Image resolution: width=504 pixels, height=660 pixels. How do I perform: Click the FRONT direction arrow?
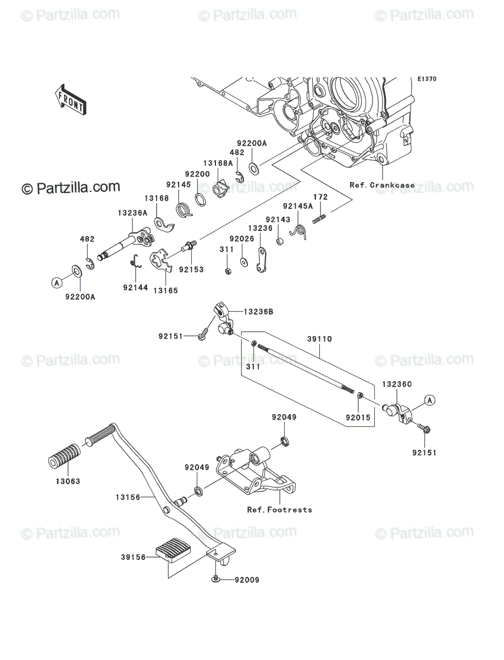tap(70, 100)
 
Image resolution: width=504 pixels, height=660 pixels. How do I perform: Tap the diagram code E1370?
tap(427, 79)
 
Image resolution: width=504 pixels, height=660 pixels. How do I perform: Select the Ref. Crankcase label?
tap(382, 185)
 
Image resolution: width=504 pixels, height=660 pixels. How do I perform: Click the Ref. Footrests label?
tap(280, 510)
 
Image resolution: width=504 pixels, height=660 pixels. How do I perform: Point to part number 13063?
tap(68, 481)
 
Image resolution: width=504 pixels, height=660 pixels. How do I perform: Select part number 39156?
tap(134, 557)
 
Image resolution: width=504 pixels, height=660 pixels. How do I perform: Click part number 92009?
tap(247, 580)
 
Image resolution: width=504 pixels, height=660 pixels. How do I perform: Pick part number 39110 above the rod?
tap(319, 339)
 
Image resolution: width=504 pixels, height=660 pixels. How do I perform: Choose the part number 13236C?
tap(397, 384)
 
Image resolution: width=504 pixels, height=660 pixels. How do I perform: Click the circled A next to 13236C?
tap(430, 400)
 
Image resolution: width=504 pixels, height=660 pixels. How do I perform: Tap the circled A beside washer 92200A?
tap(57, 282)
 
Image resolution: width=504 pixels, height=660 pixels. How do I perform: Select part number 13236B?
tap(258, 312)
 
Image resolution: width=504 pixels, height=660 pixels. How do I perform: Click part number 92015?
tap(358, 417)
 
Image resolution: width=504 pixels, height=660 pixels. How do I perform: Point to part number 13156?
tap(128, 497)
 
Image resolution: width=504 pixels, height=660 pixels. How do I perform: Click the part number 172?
tap(320, 197)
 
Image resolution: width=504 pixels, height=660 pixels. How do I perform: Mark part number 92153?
tap(191, 269)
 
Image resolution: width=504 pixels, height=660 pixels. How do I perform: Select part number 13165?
tap(165, 290)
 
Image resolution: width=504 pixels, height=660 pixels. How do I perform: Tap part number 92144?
tap(135, 288)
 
